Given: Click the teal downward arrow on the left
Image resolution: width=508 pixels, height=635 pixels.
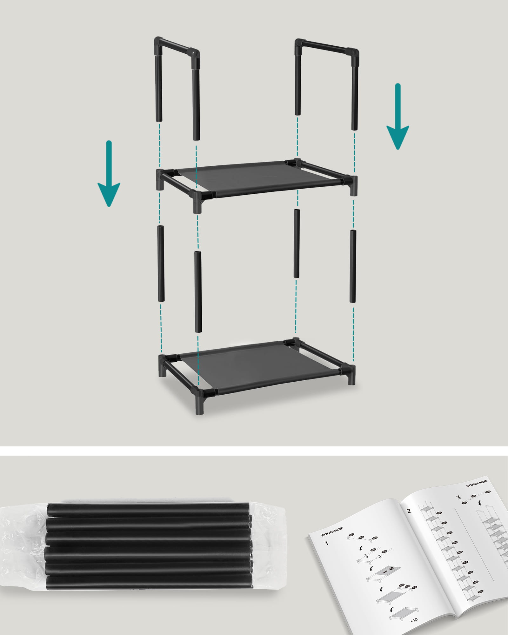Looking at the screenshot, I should click(109, 178).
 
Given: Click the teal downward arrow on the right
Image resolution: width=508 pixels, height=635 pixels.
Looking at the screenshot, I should click(398, 121).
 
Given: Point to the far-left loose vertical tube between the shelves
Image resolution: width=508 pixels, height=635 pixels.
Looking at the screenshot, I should click(160, 264).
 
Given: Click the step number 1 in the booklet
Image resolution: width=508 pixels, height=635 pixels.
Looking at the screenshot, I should click(327, 544).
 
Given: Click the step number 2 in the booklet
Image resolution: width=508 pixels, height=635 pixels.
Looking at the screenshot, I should click(409, 511).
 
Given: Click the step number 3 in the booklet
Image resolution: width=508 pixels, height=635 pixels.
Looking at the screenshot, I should click(458, 497).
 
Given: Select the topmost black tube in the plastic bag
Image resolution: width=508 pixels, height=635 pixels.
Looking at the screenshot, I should click(149, 509).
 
